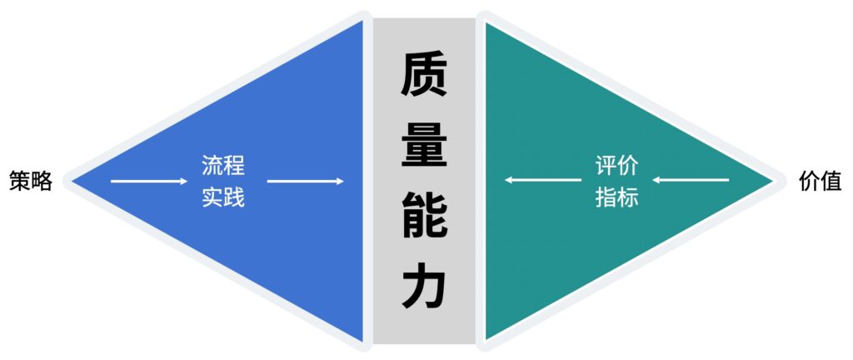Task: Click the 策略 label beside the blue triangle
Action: pos(31,181)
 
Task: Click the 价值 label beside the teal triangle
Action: pos(821,181)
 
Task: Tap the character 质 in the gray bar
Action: pos(424,76)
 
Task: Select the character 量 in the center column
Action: pos(424,144)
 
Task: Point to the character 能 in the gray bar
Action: pos(424,214)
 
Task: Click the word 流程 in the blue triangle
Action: pos(223,165)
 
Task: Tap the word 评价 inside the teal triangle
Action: pos(617,165)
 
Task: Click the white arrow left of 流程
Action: pos(149,181)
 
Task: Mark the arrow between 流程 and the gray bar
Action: pos(305,181)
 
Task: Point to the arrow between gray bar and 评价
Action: pos(543,180)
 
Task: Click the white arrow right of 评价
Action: pos(691,180)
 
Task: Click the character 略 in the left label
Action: pos(42,181)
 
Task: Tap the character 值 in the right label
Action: pos(831,181)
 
